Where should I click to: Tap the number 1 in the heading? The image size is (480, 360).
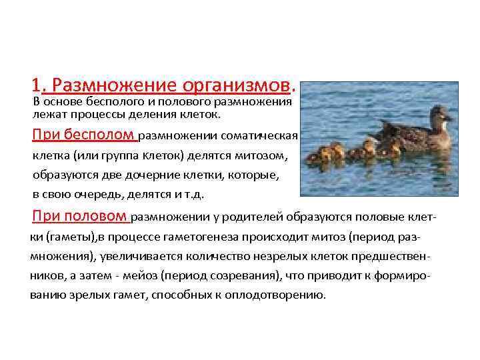[35, 85]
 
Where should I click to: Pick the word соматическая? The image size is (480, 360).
[264, 137]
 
